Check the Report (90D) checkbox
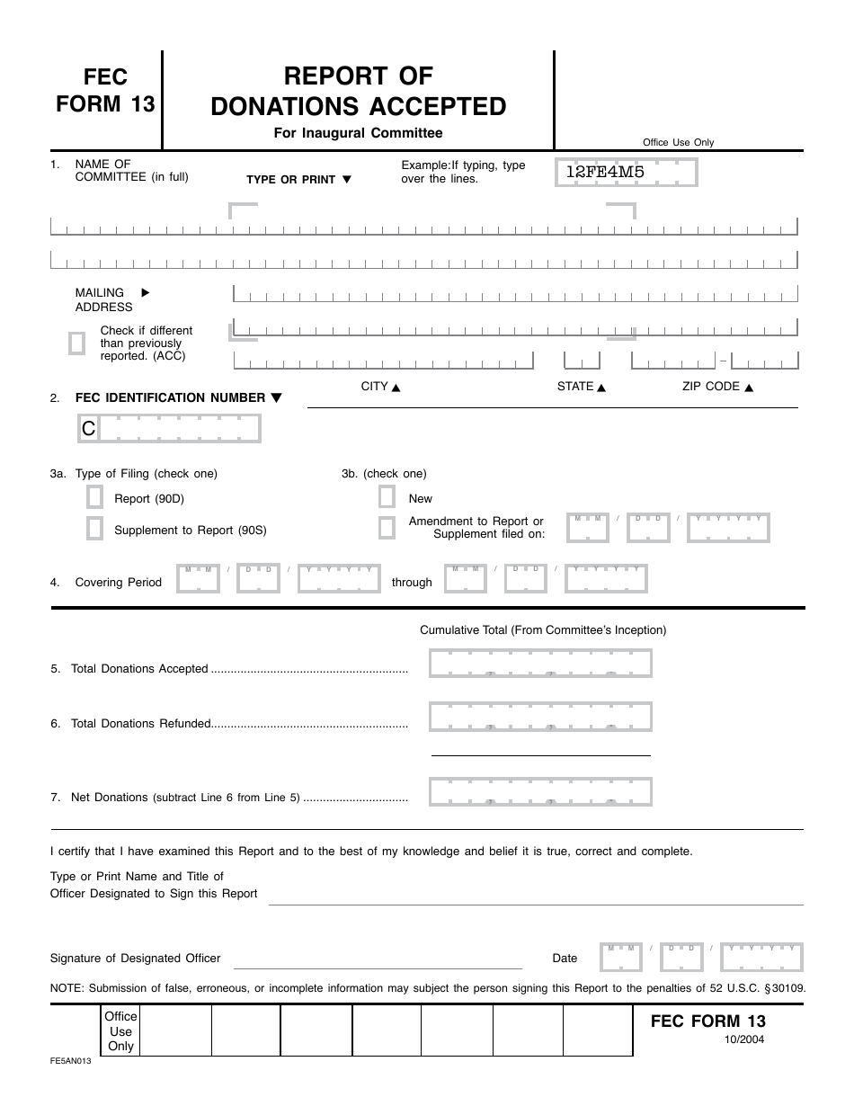(x=94, y=497)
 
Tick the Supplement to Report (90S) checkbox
(x=94, y=529)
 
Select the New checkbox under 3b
(x=387, y=497)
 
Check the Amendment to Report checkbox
(x=387, y=527)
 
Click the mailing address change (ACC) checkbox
(x=77, y=343)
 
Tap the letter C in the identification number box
(x=88, y=429)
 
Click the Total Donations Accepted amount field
(x=540, y=664)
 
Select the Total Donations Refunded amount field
(x=540, y=717)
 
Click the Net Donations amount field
(x=540, y=791)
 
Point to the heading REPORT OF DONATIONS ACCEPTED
(x=358, y=91)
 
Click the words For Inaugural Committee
(x=358, y=133)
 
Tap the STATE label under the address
(x=575, y=387)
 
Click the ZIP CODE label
(x=710, y=387)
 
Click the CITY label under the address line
(x=374, y=387)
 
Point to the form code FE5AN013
(x=70, y=1062)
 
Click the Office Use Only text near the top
(x=678, y=142)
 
